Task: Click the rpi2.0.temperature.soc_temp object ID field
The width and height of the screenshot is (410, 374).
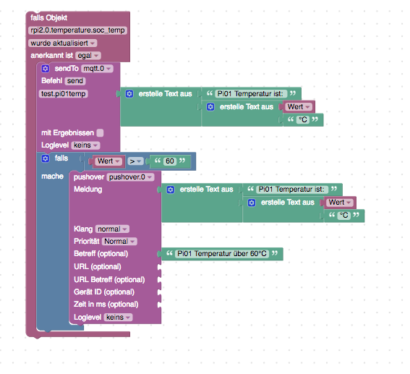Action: [77, 30]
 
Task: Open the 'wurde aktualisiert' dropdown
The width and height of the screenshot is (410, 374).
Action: [63, 43]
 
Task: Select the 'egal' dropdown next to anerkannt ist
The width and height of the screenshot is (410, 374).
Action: [88, 56]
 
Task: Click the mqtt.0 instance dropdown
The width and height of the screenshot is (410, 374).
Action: [97, 69]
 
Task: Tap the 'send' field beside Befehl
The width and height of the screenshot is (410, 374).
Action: [75, 81]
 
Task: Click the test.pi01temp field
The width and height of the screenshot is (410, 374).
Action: [64, 93]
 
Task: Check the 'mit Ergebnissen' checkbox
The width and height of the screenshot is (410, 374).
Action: [100, 133]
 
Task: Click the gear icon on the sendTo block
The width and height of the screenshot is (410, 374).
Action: [46, 69]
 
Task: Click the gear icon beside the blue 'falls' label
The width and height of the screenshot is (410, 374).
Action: [46, 158]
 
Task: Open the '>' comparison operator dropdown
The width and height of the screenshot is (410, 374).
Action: [135, 161]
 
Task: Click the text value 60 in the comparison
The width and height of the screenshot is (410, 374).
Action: [170, 161]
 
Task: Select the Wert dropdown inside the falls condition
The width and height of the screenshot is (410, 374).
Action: [108, 161]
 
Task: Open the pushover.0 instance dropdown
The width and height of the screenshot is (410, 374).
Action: [130, 177]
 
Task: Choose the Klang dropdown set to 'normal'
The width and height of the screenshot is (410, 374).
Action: [112, 229]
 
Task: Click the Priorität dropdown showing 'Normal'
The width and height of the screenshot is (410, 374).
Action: [119, 242]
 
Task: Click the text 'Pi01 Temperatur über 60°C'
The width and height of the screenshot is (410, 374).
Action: [222, 254]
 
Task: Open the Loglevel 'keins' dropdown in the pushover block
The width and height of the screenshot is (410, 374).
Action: [118, 318]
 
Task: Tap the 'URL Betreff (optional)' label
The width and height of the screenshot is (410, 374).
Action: [109, 280]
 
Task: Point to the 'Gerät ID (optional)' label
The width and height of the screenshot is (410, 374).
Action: [104, 292]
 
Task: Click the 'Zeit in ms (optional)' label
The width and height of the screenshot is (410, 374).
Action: [106, 305]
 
